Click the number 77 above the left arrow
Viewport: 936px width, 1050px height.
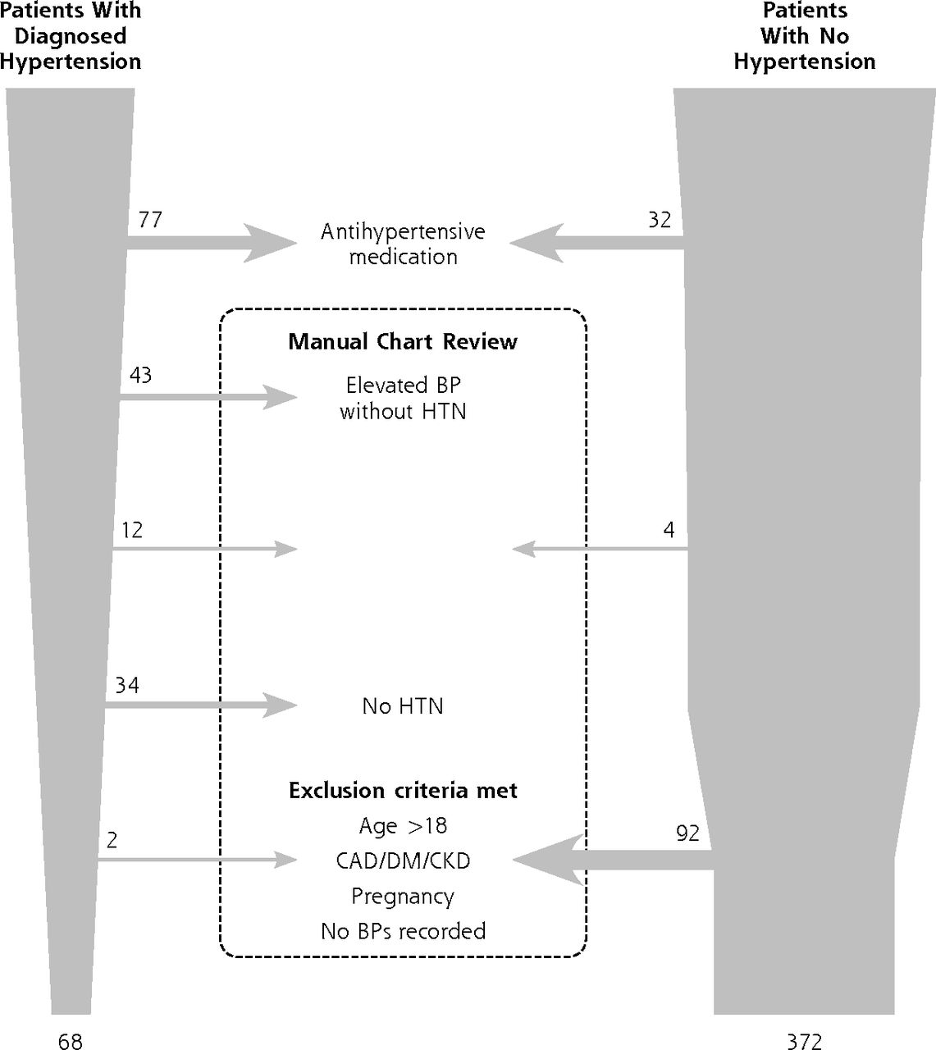pos(150,220)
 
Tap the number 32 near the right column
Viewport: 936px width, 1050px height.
pos(660,220)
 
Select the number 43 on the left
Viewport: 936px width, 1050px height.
pos(140,375)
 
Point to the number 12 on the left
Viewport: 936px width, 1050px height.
pos(131,530)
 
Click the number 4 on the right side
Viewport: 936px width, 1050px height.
pos(669,530)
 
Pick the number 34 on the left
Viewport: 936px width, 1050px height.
pos(127,685)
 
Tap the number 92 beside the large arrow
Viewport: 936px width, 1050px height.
pos(687,833)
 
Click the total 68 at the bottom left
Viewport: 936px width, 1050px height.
pos(70,1041)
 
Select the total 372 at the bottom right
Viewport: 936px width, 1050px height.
pos(805,1041)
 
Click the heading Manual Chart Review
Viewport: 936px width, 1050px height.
pos(403,341)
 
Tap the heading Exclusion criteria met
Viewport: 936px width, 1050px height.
pos(403,790)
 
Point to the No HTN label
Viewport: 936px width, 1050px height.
pos(403,705)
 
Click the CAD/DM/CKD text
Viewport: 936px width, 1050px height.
pos(403,861)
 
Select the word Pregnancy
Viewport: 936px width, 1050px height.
pos(403,897)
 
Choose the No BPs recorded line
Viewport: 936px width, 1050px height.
pos(404,931)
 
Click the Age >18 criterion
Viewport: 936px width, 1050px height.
pos(403,825)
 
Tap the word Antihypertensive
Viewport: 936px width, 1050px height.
pos(403,231)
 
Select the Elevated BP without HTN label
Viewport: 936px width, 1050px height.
pos(403,398)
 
